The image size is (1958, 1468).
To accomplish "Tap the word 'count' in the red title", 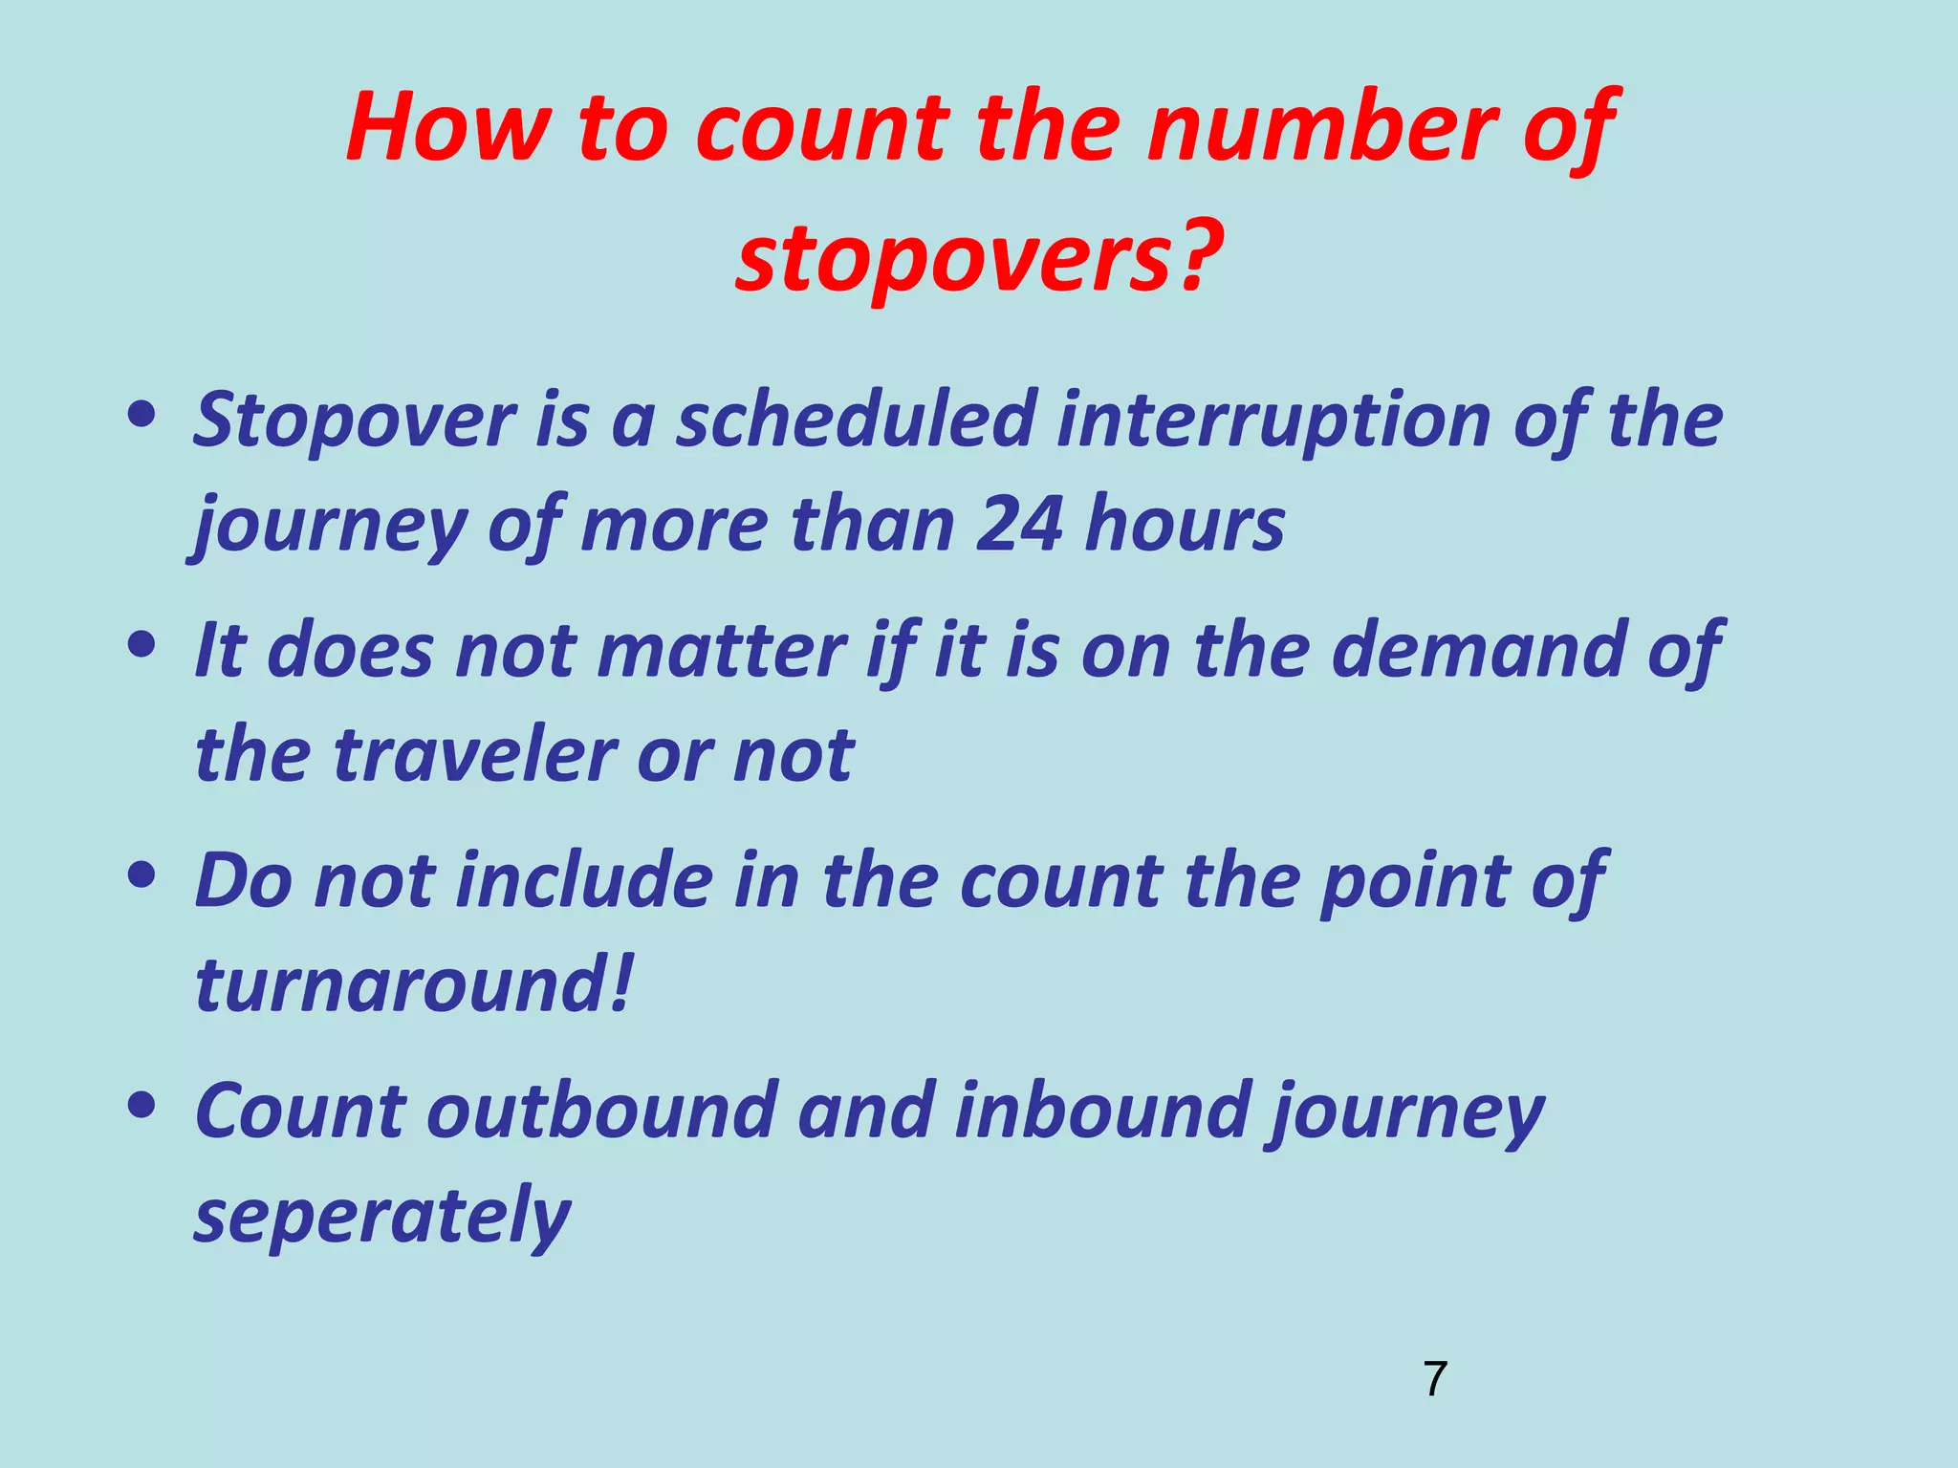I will click(823, 128).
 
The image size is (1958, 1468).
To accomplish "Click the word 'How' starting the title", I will click(449, 128).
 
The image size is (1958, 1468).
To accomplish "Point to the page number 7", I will click(1435, 1379).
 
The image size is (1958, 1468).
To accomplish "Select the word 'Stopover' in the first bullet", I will click(355, 421).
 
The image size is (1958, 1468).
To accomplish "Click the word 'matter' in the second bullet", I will click(722, 651).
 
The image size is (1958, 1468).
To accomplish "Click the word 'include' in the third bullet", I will click(583, 880).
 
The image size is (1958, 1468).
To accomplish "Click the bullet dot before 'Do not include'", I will click(141, 874).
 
